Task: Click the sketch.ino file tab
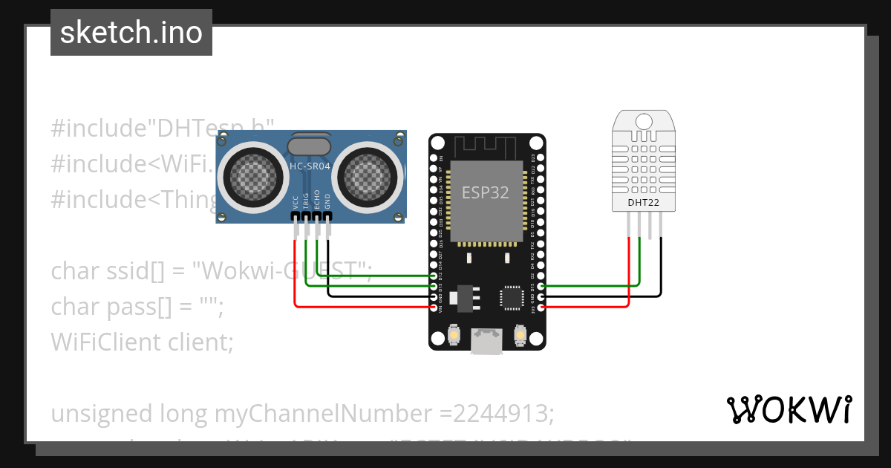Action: pyautogui.click(x=131, y=33)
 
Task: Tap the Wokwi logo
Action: pyautogui.click(x=789, y=409)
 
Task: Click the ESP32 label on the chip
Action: pyautogui.click(x=486, y=192)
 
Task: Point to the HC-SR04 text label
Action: pyautogui.click(x=309, y=166)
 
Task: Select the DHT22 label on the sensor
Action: pyautogui.click(x=643, y=201)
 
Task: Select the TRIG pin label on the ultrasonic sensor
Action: pyautogui.click(x=306, y=203)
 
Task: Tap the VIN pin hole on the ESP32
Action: pyautogui.click(x=434, y=307)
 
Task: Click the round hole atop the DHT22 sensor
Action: pyautogui.click(x=643, y=120)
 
